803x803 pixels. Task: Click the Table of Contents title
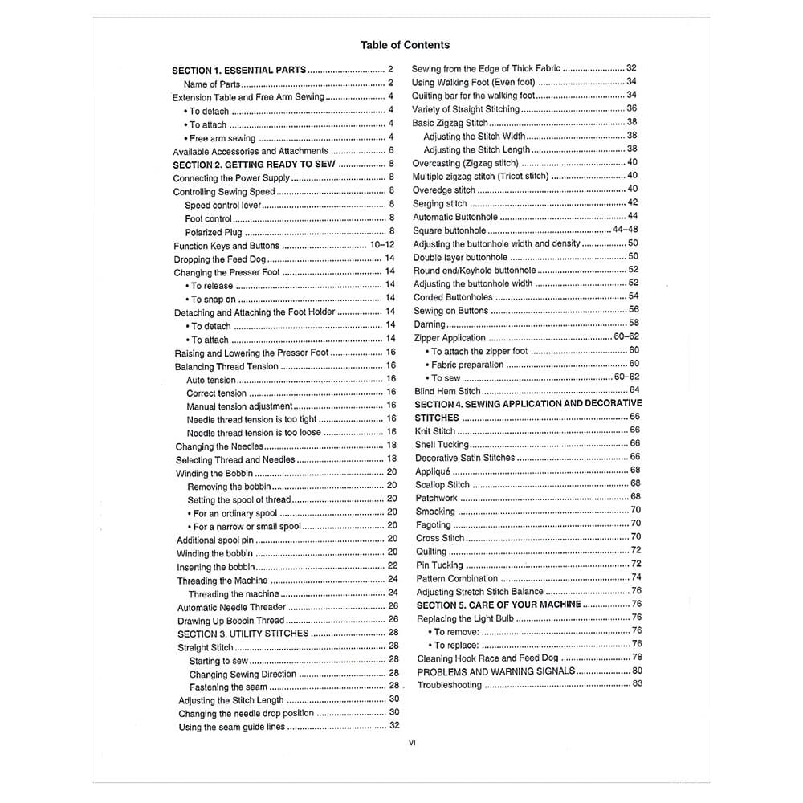click(x=405, y=45)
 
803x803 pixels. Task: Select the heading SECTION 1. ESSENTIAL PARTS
click(x=238, y=71)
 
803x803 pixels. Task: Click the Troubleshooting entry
click(x=450, y=685)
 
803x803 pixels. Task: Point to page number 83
click(x=637, y=684)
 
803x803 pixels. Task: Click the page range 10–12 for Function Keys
click(x=382, y=246)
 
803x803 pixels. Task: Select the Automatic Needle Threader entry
click(x=231, y=607)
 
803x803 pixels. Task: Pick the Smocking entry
click(x=435, y=511)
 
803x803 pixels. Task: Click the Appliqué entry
click(x=433, y=471)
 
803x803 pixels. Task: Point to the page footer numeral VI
click(x=412, y=743)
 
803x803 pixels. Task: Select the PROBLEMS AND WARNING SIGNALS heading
click(x=496, y=671)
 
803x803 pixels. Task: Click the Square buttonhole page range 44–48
click(x=626, y=230)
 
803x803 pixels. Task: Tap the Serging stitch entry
click(x=439, y=203)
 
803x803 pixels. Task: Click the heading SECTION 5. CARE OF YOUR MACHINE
click(x=499, y=605)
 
